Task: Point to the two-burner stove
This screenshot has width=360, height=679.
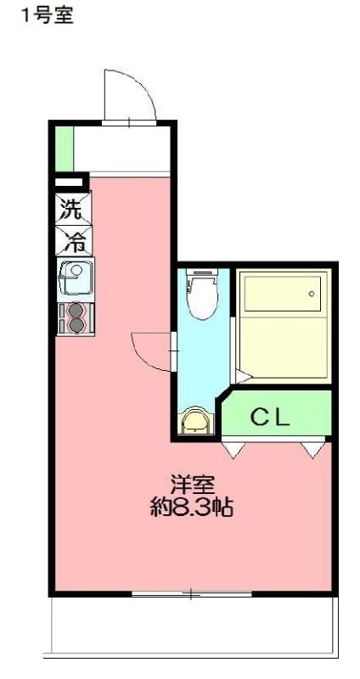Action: pyautogui.click(x=75, y=317)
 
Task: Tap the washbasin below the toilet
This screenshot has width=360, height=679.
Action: pyautogui.click(x=195, y=421)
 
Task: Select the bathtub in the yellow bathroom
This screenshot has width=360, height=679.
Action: pyautogui.click(x=281, y=293)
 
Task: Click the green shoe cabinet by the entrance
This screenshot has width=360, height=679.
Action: pyautogui.click(x=64, y=148)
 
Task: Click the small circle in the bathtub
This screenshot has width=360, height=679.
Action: pyautogui.click(x=312, y=294)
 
